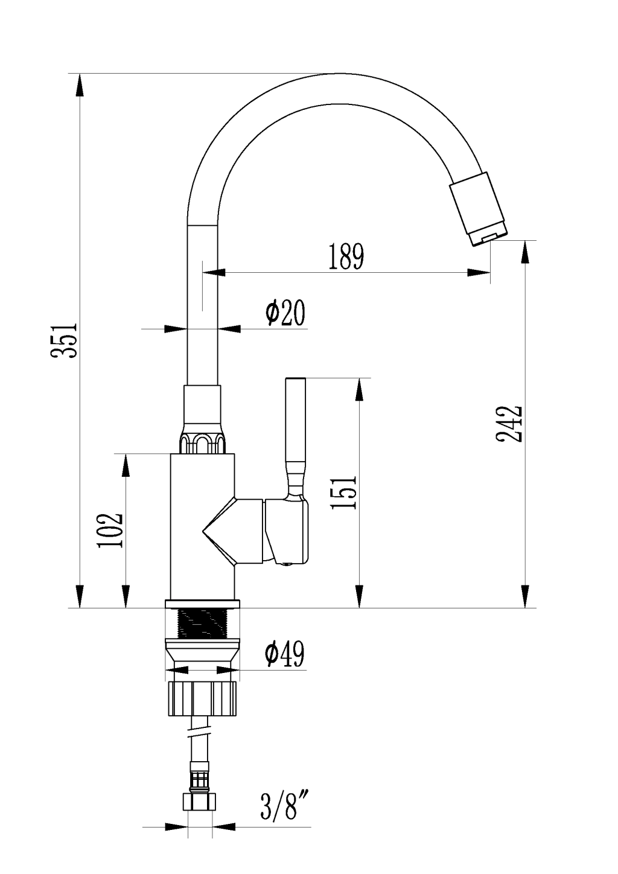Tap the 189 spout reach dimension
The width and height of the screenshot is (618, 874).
(x=346, y=257)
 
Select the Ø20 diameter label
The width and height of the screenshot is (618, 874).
(x=285, y=313)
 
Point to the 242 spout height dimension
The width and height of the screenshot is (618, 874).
(x=509, y=424)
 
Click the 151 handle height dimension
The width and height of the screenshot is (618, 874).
(x=343, y=491)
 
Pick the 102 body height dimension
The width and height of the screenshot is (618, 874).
(x=110, y=531)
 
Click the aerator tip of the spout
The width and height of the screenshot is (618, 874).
(x=488, y=236)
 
